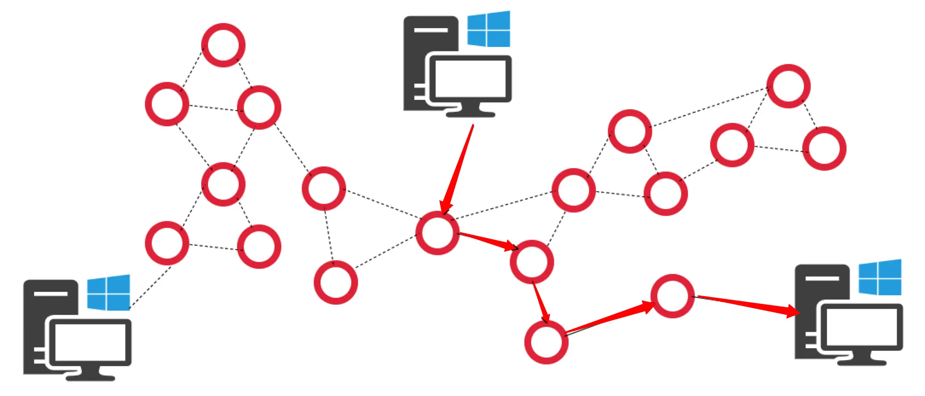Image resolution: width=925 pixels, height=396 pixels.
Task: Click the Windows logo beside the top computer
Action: (489, 29)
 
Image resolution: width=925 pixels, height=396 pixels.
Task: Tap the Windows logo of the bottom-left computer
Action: (108, 293)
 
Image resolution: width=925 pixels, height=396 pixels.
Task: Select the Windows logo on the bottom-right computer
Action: (880, 277)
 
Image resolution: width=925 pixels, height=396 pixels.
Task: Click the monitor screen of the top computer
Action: (470, 79)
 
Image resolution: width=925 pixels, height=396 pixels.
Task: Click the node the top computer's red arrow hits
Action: (437, 233)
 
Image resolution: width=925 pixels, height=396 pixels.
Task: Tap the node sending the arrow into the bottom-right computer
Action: (672, 296)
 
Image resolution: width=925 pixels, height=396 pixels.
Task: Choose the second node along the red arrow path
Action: (532, 262)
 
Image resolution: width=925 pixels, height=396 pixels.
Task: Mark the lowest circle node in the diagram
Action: (546, 342)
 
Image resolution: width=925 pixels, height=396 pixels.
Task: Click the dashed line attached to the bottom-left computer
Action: (150, 287)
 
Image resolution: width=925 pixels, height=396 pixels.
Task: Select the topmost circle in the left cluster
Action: (223, 45)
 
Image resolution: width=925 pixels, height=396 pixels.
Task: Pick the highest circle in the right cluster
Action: (788, 86)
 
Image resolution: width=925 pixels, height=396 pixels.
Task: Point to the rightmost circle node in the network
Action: (824, 148)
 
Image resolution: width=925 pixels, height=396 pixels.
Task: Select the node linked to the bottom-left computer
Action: (167, 243)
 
